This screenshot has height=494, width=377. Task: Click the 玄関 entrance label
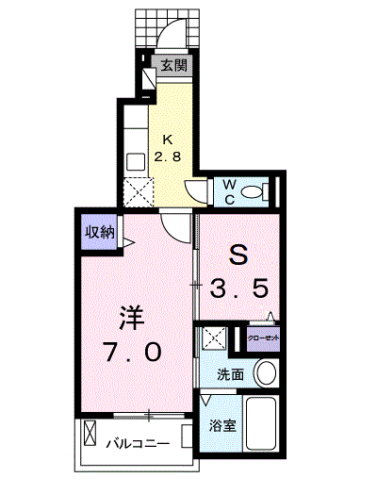172,66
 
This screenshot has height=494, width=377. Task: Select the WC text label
229,191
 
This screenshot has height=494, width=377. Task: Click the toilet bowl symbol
253,192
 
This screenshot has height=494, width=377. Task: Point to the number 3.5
240,286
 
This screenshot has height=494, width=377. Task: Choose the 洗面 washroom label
229,374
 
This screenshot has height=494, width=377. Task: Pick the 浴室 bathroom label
222,423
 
